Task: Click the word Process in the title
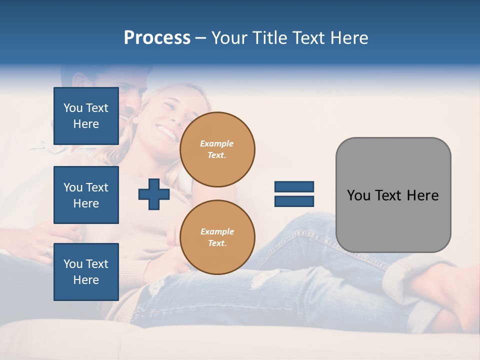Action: click(157, 38)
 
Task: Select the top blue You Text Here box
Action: click(86, 116)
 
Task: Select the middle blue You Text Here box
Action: click(86, 195)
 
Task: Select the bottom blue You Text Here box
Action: click(86, 272)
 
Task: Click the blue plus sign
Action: click(154, 194)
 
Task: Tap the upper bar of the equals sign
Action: click(294, 187)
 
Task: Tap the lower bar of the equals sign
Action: click(294, 201)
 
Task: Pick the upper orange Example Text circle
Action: click(217, 149)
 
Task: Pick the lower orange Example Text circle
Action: click(217, 237)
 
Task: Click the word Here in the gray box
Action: click(422, 195)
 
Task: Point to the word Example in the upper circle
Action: click(217, 143)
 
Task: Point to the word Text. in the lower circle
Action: click(217, 243)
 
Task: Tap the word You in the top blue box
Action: click(72, 108)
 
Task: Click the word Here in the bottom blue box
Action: click(86, 280)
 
